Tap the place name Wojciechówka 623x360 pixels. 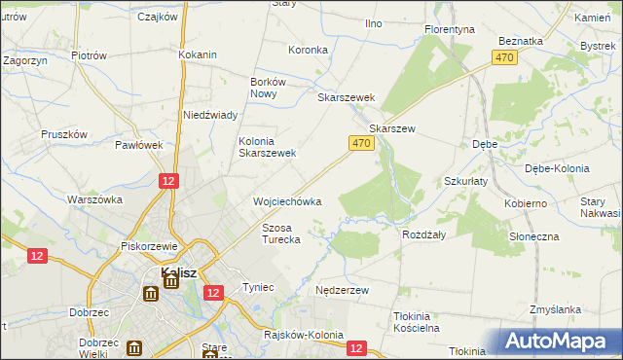pos(287,201)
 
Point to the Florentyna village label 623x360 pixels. pos(449,29)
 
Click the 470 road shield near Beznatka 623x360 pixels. pos(503,59)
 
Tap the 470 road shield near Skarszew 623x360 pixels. pos(360,143)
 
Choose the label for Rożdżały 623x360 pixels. pos(423,234)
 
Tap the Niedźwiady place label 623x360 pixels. pos(211,115)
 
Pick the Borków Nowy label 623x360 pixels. pos(268,89)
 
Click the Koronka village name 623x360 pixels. pos(308,50)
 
